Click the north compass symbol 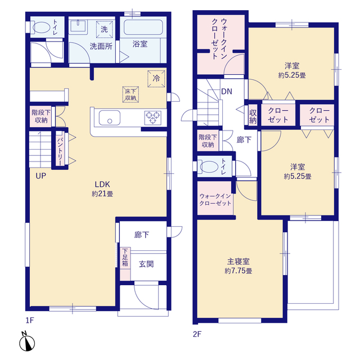click(26, 341)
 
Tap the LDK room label click(102, 184)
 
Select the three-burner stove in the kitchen click(152, 118)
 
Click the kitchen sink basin click(110, 118)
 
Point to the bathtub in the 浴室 click(143, 28)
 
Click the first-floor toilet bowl click(40, 28)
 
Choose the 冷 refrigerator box click(156, 79)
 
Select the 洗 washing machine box click(104, 29)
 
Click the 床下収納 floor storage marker click(130, 94)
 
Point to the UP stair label click(41, 176)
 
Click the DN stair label click(227, 91)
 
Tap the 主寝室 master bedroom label click(238, 261)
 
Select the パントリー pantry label click(60, 151)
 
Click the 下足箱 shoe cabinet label click(125, 257)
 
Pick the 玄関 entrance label click(146, 264)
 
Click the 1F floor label click(30, 320)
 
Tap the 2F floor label click(197, 334)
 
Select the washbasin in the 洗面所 click(78, 25)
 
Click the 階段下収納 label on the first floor click(41, 116)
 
